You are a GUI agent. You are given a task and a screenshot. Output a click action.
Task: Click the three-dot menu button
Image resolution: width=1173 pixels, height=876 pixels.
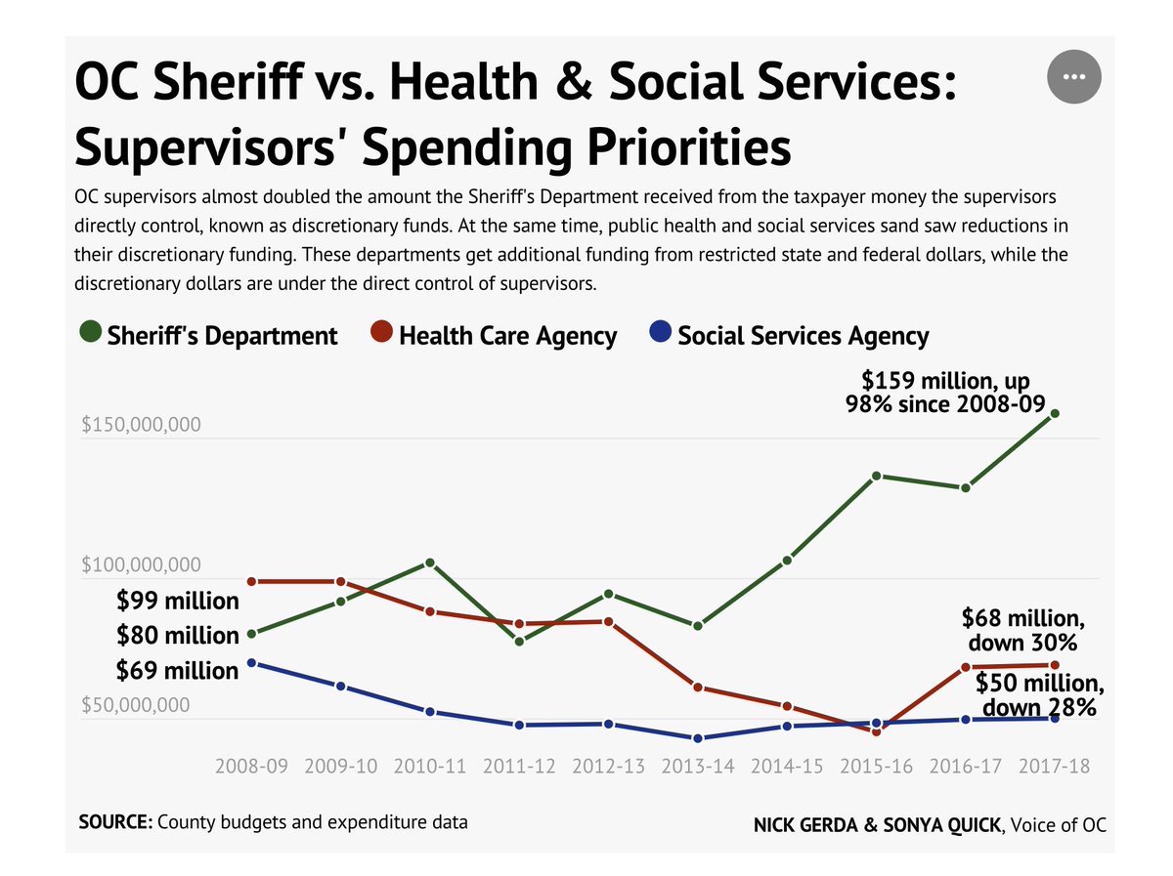pos(1073,76)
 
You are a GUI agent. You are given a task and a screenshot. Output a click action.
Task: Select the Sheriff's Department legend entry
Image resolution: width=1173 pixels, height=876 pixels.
pos(209,336)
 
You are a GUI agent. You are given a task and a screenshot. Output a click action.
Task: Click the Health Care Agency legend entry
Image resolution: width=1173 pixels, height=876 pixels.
pos(495,336)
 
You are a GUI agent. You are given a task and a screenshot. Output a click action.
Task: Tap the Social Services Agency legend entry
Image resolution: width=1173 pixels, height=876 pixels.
pos(790,336)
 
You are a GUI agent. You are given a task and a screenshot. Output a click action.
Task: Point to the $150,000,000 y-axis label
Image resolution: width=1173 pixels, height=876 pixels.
pos(141,426)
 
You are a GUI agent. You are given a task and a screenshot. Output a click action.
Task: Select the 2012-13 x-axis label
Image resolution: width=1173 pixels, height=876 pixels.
pos(608,766)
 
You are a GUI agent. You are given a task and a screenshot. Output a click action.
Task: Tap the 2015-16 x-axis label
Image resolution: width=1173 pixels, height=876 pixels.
pos(876,766)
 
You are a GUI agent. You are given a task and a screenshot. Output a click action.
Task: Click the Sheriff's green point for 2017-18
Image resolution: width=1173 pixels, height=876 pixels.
pos(1055,413)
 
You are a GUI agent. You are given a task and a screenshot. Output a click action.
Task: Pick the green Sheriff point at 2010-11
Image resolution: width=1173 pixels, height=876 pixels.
pos(430,563)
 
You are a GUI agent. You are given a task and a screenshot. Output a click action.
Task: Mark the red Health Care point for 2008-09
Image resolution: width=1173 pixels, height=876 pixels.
pos(251,581)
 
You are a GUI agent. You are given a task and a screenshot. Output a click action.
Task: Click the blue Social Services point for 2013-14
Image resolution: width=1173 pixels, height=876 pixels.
pos(698,738)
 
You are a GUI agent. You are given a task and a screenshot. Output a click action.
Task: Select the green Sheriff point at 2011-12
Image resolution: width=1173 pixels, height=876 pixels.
pos(519,642)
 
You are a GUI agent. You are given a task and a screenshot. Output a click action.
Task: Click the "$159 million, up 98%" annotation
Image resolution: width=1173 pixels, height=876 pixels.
pos(945,391)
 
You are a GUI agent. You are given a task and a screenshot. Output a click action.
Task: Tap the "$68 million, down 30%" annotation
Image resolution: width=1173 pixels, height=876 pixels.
pos(1022,631)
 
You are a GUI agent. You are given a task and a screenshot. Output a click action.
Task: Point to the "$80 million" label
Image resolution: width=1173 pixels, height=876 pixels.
pos(177,636)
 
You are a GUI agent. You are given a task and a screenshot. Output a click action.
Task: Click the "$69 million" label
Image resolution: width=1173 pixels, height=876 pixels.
pos(177,671)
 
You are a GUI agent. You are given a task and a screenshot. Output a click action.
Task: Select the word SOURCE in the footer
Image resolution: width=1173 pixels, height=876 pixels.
pos(114,822)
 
